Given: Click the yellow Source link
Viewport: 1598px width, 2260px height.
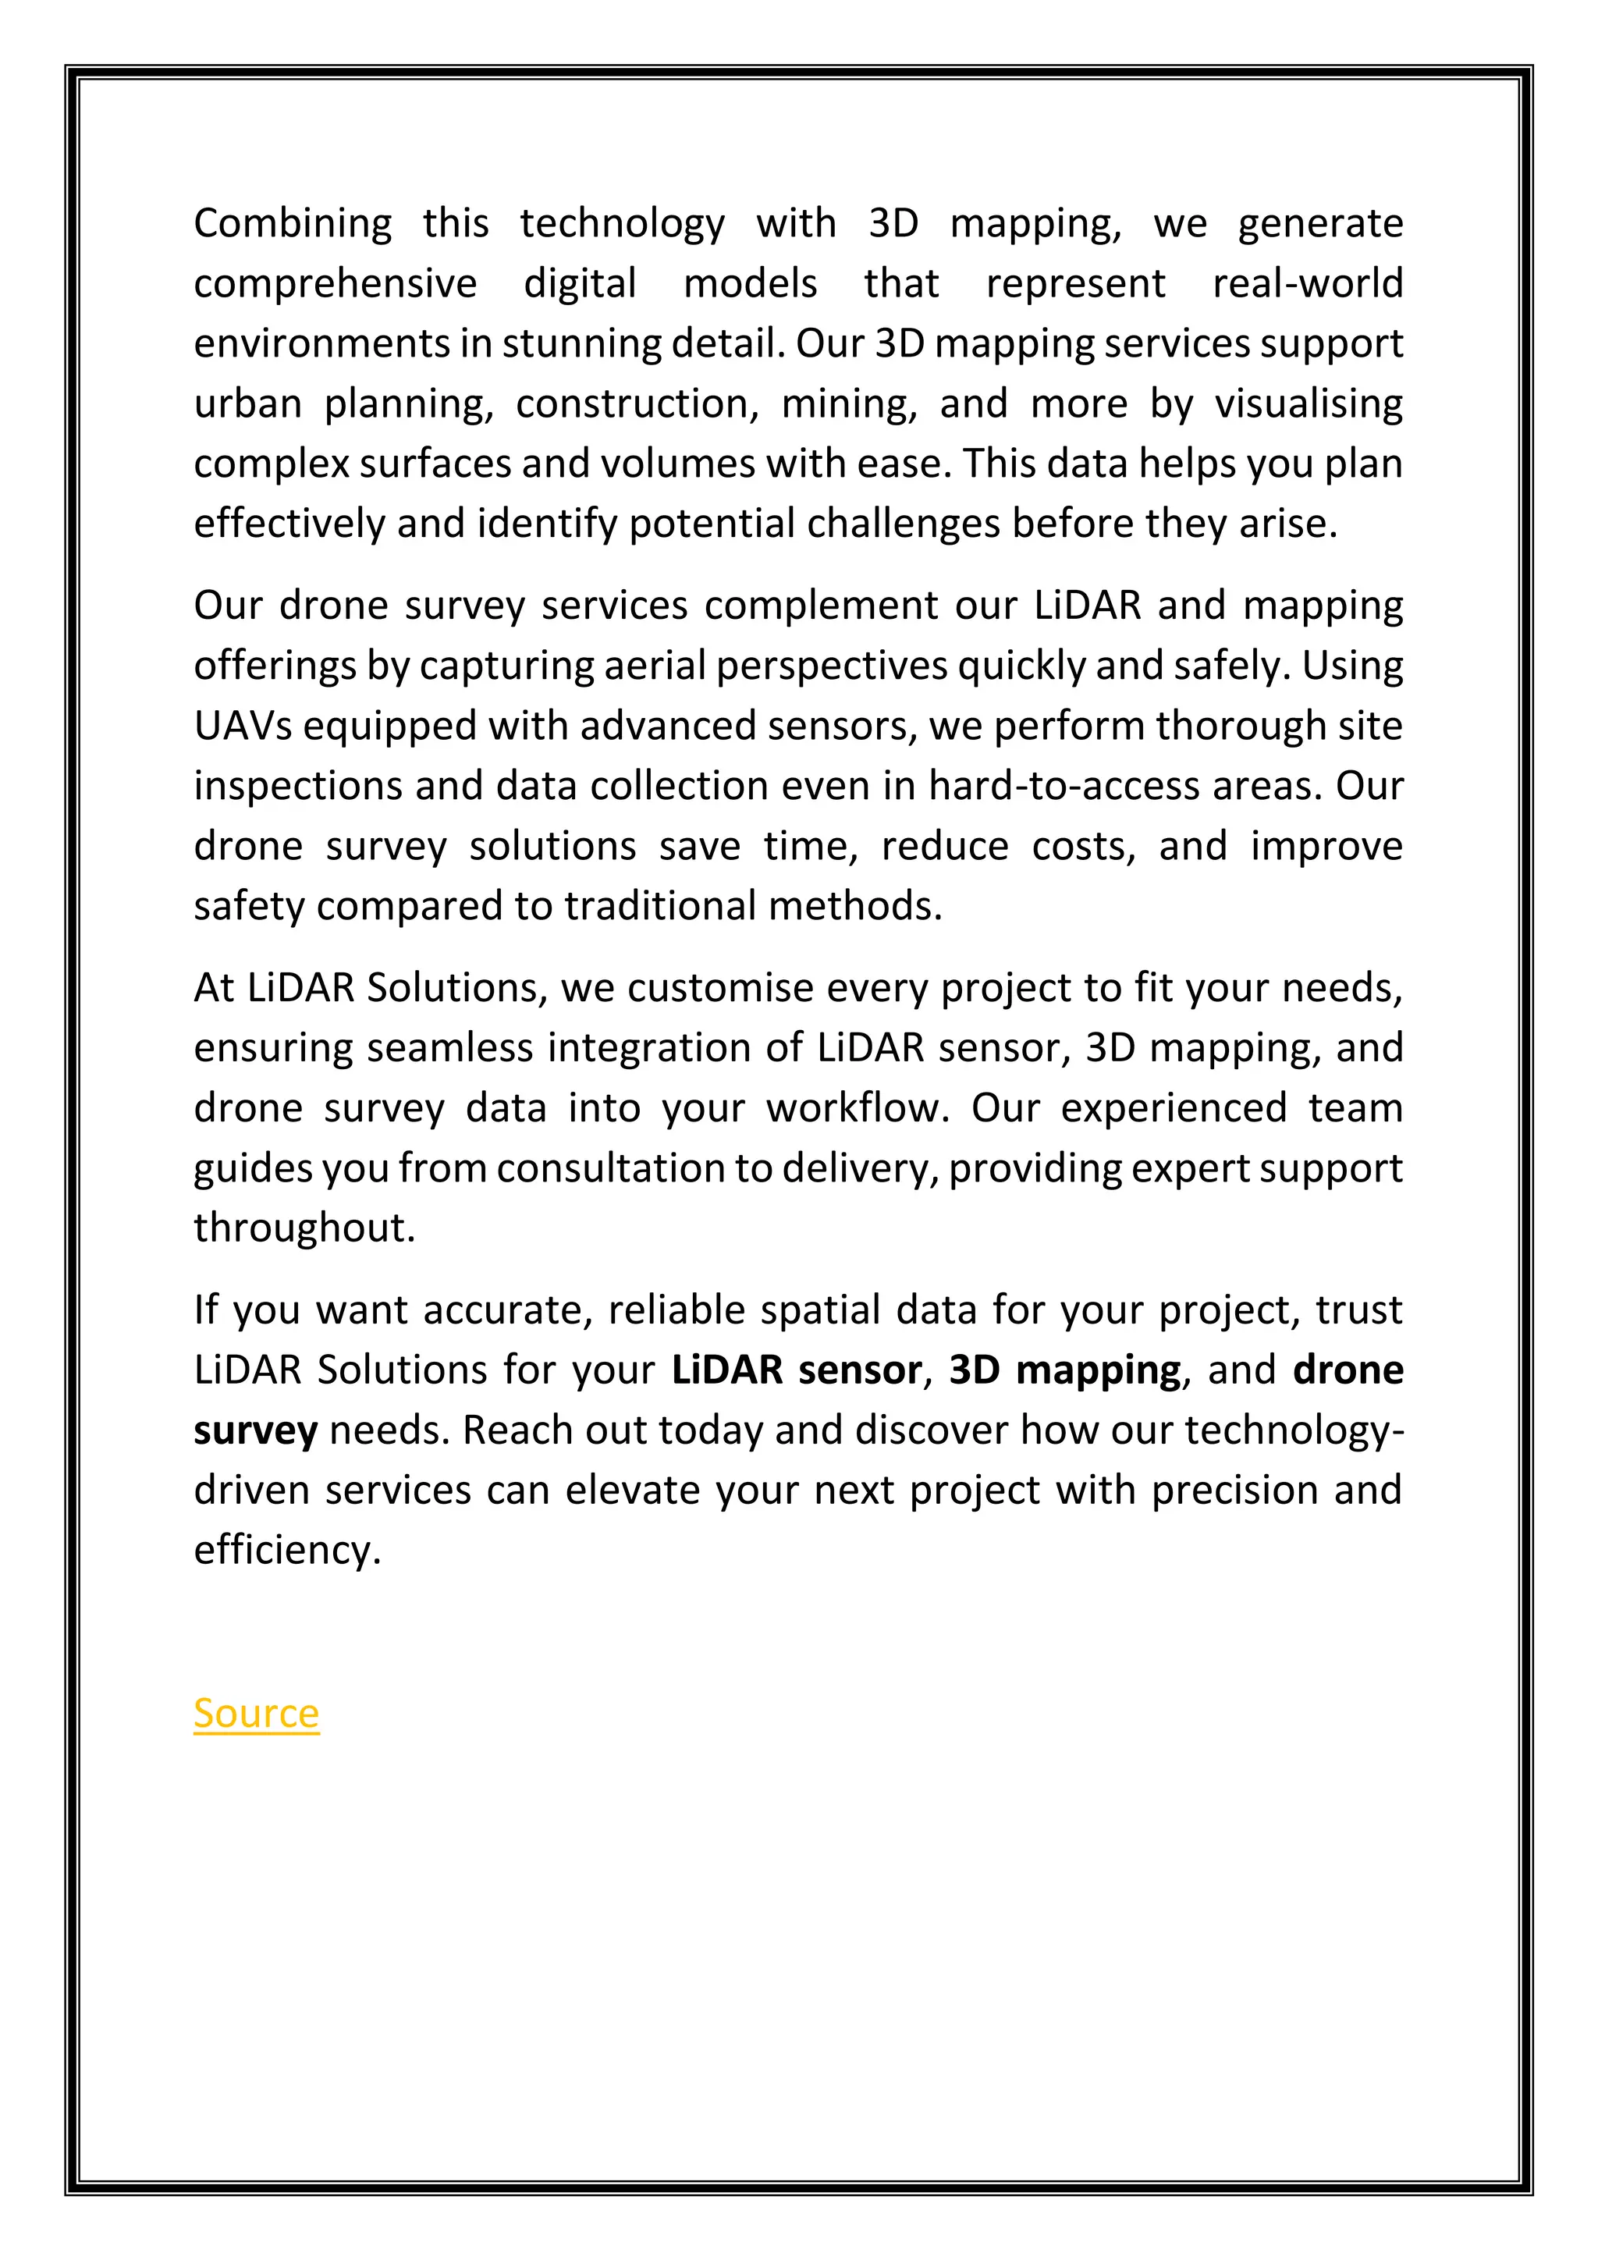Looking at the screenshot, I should point(256,1714).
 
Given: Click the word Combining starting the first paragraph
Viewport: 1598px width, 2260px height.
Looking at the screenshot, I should point(293,223).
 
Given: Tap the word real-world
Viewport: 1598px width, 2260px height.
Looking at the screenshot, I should point(1307,283).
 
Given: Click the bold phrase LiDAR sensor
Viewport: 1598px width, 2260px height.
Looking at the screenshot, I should point(796,1370).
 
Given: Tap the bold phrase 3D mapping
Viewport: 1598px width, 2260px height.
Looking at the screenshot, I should point(1064,1370).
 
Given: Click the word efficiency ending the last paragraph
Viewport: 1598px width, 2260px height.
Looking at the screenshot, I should point(286,1551).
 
